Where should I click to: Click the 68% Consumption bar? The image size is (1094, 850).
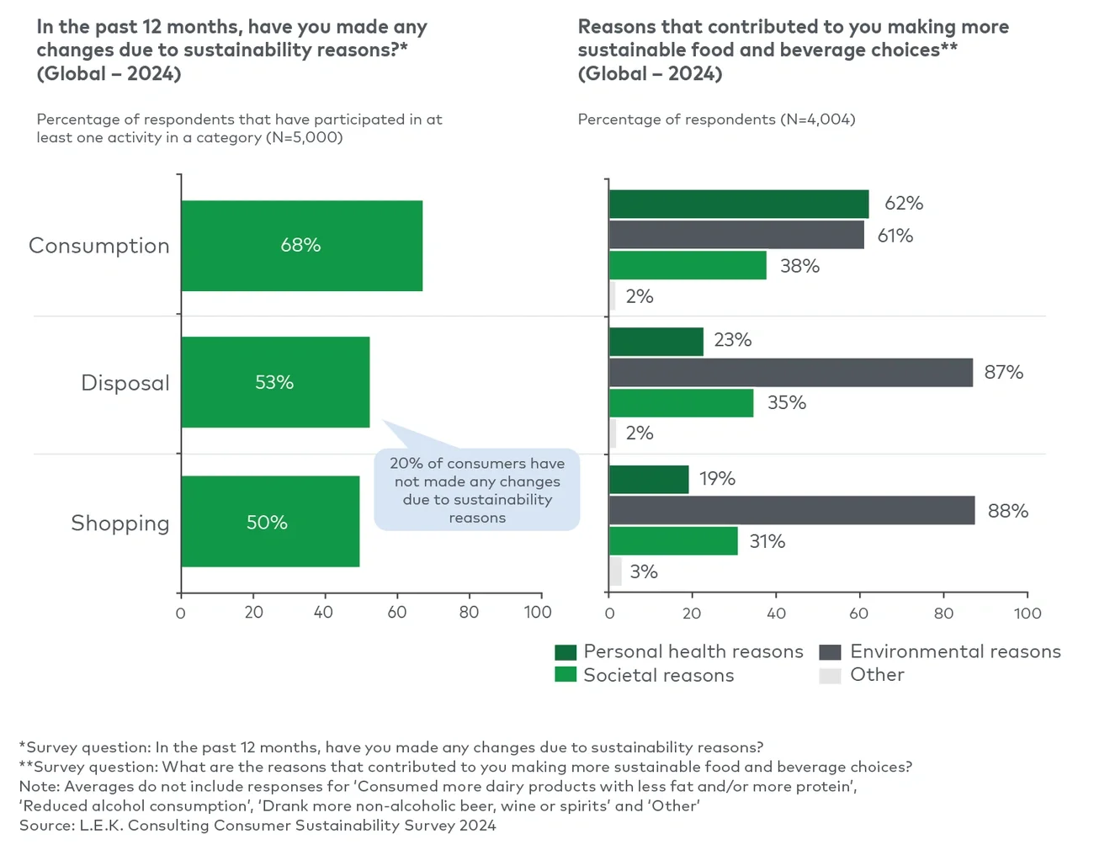coord(301,246)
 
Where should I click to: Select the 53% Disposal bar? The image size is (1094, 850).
coord(275,382)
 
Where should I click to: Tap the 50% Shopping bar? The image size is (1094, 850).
coord(270,522)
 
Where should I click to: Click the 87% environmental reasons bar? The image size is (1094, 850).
coord(790,373)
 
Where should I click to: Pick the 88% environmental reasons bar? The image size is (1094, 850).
coord(791,511)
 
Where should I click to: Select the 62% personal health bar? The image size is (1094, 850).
coord(738,204)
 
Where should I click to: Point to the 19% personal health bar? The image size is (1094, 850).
coord(648,480)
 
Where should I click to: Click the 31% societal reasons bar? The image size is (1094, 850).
coord(673,541)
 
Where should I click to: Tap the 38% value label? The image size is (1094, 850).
coord(799,266)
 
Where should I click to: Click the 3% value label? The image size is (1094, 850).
coord(644,572)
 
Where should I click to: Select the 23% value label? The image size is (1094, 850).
coord(732,340)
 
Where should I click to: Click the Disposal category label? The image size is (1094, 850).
coord(125,383)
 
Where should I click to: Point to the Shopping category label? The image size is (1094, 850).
coord(119,523)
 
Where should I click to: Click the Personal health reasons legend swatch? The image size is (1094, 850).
coord(566,652)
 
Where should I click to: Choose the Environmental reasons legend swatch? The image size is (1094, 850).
coord(830,652)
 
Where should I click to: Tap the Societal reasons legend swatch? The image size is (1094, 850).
coord(566,675)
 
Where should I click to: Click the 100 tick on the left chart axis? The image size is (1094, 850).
coord(538,613)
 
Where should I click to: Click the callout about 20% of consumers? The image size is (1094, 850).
coord(477,490)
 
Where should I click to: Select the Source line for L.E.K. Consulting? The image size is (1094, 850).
coord(258,826)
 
